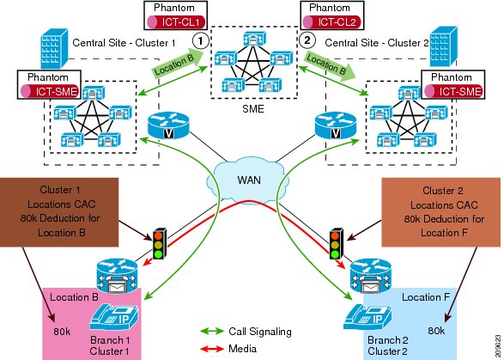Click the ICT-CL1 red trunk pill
(x=176, y=21)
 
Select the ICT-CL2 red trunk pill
(x=331, y=21)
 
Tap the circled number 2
(x=307, y=40)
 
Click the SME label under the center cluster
(x=253, y=109)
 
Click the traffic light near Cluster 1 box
(x=160, y=243)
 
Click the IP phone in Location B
(x=114, y=317)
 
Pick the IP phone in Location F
(x=367, y=317)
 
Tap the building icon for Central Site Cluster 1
(x=54, y=48)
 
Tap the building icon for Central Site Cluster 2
(x=444, y=46)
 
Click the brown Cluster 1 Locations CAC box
(x=59, y=212)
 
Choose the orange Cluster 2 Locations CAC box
(x=441, y=212)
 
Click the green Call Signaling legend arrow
(x=211, y=331)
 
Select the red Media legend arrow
(x=211, y=348)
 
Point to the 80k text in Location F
(x=436, y=331)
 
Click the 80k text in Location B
(x=62, y=332)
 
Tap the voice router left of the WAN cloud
(x=167, y=125)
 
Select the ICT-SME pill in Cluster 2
(x=453, y=91)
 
